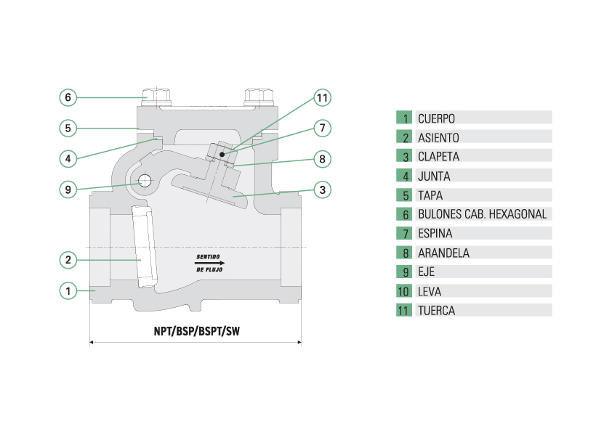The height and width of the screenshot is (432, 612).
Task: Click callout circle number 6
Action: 68,97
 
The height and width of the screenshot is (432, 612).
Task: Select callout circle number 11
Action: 322,97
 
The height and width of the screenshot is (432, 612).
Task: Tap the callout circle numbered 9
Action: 68,189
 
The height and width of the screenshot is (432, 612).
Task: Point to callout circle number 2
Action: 68,259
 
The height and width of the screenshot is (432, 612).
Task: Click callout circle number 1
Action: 68,290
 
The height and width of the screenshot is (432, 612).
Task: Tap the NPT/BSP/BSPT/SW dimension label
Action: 196,331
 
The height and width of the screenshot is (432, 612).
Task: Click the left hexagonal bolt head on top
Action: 157,95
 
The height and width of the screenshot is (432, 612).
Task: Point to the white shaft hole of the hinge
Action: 145,181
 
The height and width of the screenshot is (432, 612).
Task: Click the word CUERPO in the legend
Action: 436,118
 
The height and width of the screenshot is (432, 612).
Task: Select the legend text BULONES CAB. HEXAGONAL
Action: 482,214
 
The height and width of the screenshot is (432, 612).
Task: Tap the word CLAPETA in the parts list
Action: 438,156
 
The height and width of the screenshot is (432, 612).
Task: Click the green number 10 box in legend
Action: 404,291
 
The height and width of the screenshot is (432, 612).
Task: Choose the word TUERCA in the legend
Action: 436,311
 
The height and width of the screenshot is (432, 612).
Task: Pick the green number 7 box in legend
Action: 404,234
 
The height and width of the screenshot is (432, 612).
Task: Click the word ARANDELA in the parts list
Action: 443,253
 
